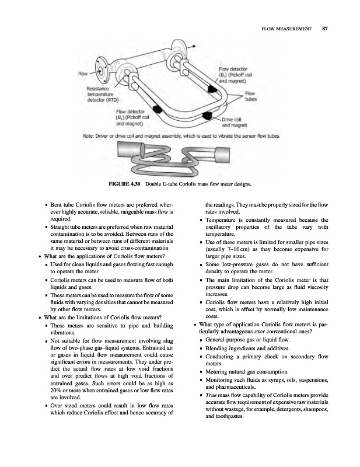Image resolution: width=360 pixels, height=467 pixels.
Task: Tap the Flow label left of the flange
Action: [83, 74]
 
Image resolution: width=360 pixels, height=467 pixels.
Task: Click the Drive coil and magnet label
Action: [235, 122]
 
